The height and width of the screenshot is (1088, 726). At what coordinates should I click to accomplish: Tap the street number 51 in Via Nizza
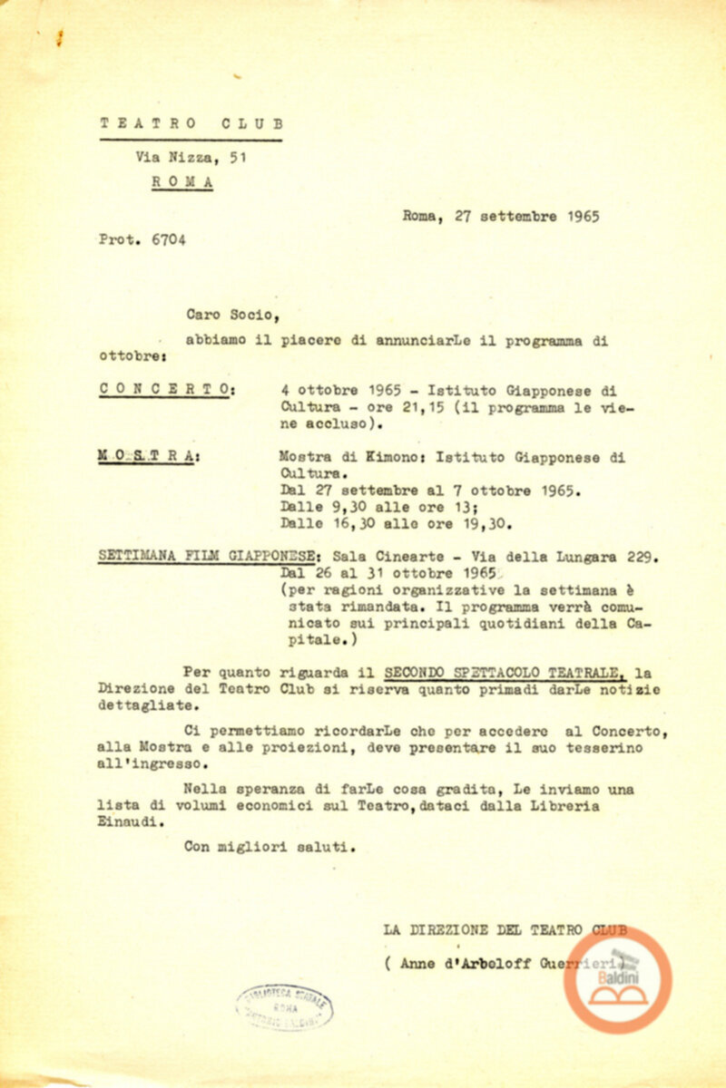(238, 156)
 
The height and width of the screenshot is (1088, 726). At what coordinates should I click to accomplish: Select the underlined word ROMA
(182, 180)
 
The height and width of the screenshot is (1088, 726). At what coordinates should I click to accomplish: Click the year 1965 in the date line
(580, 218)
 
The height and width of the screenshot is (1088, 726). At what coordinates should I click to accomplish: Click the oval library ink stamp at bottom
(286, 1006)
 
